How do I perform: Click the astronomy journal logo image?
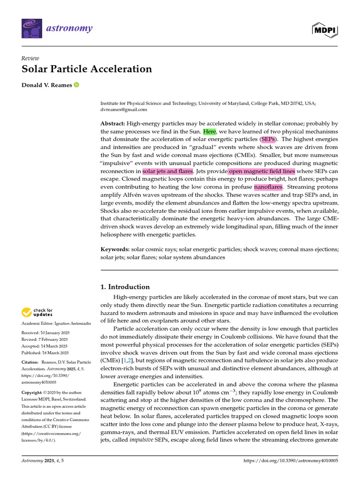tap(32, 29)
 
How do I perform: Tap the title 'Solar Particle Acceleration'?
tap(87, 69)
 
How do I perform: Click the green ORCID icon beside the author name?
tap(76, 85)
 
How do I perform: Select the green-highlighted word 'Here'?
tap(210, 131)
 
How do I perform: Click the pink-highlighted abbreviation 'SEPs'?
tap(268, 139)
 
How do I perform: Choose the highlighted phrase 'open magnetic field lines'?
tap(262, 171)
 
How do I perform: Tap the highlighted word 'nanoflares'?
tap(268, 187)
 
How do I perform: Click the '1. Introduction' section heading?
tap(126, 287)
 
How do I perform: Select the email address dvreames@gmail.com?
tap(124, 110)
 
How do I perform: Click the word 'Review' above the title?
tap(30, 58)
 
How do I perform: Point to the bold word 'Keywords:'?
tap(115, 249)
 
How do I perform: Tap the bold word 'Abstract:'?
tap(112, 123)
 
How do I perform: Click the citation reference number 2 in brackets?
tap(128, 360)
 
